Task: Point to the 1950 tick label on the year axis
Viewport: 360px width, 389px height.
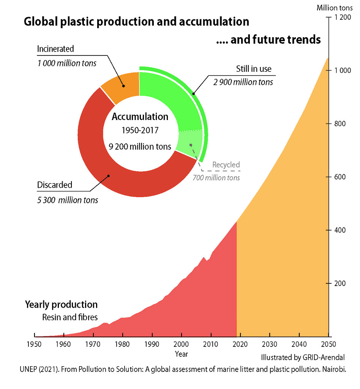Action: (35, 345)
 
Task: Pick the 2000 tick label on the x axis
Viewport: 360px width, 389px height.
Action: (182, 345)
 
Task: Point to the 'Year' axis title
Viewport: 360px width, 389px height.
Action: (182, 354)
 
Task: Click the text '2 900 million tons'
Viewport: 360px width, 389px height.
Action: (243, 82)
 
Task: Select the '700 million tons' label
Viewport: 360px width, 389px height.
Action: (216, 177)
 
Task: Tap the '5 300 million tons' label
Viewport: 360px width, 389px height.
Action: (67, 200)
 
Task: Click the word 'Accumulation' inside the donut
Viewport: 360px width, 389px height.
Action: (140, 117)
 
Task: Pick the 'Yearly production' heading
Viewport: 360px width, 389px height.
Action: (61, 305)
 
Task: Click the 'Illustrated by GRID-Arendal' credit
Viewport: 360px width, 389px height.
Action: (303, 357)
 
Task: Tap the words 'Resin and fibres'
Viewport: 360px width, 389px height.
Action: (70, 317)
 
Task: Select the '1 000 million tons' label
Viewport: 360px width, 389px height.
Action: (67, 63)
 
